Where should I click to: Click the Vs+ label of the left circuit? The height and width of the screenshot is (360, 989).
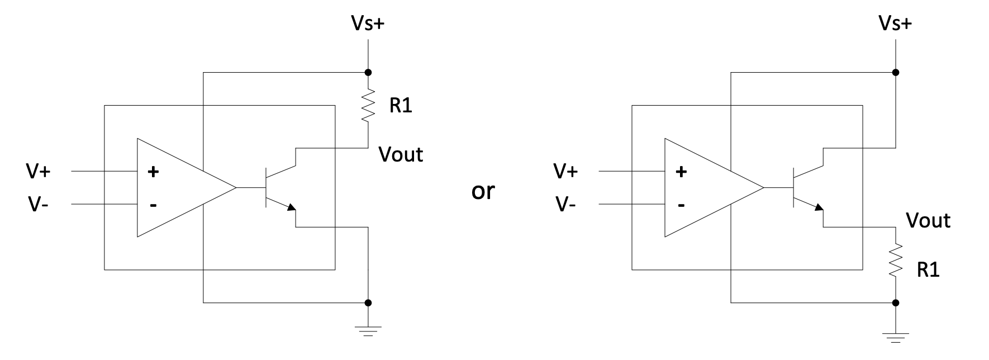(x=368, y=23)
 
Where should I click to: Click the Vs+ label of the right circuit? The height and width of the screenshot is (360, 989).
(x=895, y=23)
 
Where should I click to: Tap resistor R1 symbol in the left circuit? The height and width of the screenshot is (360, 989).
(x=368, y=107)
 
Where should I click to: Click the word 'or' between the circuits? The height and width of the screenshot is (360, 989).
(x=483, y=191)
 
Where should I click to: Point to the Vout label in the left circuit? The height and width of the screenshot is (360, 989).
(x=401, y=154)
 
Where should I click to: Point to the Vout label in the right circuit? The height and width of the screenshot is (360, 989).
(x=928, y=220)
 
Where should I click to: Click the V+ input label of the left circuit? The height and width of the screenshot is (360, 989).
(x=39, y=171)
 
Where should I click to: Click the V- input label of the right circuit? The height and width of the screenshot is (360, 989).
(x=565, y=205)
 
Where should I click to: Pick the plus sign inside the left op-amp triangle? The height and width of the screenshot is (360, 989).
(x=153, y=172)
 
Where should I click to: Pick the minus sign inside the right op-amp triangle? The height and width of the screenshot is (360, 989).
(x=681, y=205)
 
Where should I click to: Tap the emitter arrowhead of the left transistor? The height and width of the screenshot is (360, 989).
(x=291, y=207)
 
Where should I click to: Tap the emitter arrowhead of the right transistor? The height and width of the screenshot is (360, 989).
(x=819, y=207)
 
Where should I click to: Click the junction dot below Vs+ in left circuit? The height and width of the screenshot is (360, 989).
(x=368, y=72)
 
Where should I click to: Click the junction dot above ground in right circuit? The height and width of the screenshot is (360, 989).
(x=895, y=303)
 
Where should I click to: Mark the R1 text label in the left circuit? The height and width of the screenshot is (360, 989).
(x=401, y=106)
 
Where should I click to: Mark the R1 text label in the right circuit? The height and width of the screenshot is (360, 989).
(x=928, y=271)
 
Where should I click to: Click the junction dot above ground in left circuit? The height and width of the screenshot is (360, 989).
(x=368, y=303)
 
